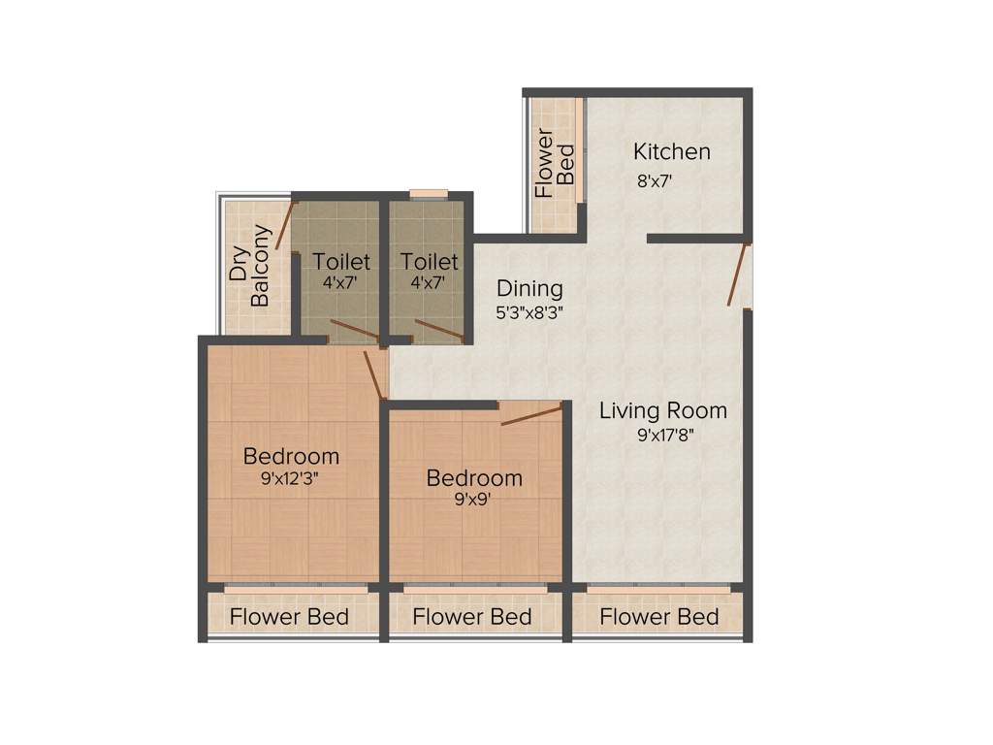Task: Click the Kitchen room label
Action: point(672,152)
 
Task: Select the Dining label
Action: point(529,289)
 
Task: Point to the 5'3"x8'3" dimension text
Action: point(529,312)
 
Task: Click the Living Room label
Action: point(662,410)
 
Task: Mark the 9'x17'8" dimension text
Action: point(666,436)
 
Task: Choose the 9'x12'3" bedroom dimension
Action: point(291,478)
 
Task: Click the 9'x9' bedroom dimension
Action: point(474,501)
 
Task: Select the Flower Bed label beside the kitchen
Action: point(556,163)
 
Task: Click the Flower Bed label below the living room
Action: point(658,617)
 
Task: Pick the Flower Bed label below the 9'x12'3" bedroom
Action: point(289,617)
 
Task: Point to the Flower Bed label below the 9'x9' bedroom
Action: point(472,617)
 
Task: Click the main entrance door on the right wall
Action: point(740,275)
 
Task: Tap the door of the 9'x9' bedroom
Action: point(531,416)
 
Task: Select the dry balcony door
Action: point(284,225)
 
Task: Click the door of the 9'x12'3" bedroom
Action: point(374,374)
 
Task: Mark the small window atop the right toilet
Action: point(429,193)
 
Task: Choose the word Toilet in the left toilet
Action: point(341,262)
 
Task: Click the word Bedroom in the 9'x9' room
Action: point(474,478)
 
